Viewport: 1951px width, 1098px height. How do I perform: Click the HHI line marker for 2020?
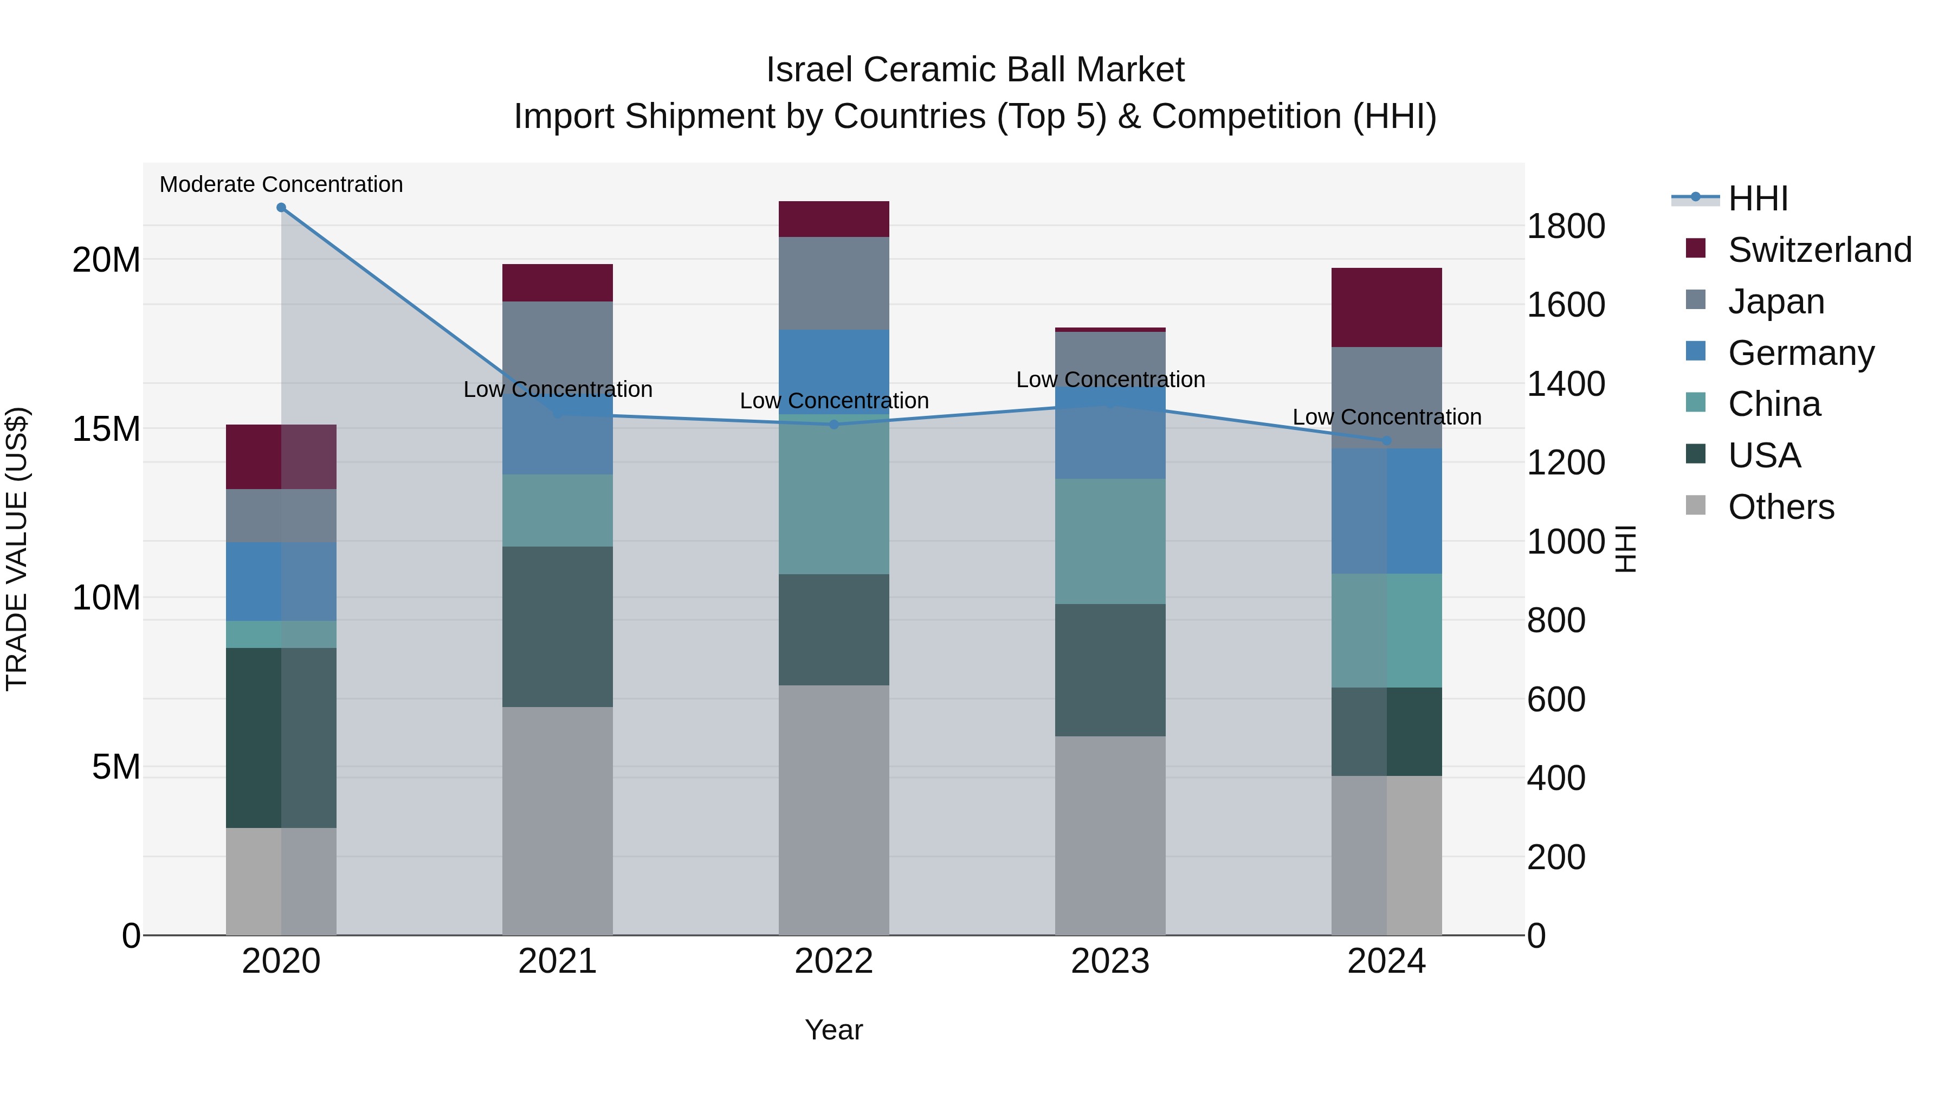coord(281,208)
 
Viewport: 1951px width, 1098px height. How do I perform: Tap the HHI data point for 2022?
coord(834,425)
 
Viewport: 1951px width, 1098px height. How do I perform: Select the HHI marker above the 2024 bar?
coord(1387,440)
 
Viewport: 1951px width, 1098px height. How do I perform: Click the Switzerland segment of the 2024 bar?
coord(1387,307)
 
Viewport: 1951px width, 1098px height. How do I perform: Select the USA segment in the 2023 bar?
coord(1110,670)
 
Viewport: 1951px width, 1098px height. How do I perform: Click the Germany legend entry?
coord(1801,353)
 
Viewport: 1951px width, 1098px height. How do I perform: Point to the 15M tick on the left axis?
coord(106,429)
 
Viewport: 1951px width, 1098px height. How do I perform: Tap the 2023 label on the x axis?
coord(1110,961)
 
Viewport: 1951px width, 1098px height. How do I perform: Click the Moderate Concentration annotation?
coord(281,184)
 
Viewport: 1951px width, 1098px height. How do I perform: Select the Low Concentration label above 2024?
coord(1387,417)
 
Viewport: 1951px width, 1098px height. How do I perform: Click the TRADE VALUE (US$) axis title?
coord(17,549)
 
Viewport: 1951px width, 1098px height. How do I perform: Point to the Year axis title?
coord(834,1030)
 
